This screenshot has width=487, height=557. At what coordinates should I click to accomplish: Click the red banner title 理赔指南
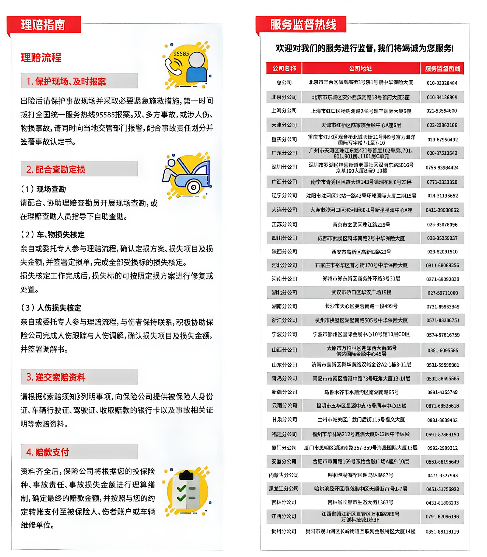(x=43, y=25)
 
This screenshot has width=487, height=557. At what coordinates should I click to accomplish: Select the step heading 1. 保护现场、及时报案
(x=66, y=81)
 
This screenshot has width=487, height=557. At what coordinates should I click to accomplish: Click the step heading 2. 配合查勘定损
(x=56, y=169)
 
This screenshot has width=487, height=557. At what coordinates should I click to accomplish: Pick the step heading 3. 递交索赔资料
(x=56, y=377)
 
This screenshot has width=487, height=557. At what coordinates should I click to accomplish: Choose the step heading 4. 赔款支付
(x=48, y=452)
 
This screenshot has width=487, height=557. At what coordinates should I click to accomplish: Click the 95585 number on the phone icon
(x=181, y=54)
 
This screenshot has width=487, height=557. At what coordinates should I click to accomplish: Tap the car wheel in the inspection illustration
(x=193, y=187)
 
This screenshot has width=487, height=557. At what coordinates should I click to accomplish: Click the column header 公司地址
(x=360, y=69)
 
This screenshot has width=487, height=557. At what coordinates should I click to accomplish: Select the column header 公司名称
(x=284, y=69)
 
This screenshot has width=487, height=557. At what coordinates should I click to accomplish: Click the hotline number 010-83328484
(x=442, y=83)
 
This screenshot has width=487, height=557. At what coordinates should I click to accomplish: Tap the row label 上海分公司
(x=284, y=111)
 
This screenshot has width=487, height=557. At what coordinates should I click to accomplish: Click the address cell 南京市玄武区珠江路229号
(x=361, y=224)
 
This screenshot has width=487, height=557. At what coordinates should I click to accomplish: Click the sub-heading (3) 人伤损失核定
(x=51, y=308)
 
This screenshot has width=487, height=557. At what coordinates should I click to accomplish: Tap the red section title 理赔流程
(x=41, y=58)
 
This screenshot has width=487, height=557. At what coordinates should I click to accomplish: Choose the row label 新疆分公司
(x=284, y=392)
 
